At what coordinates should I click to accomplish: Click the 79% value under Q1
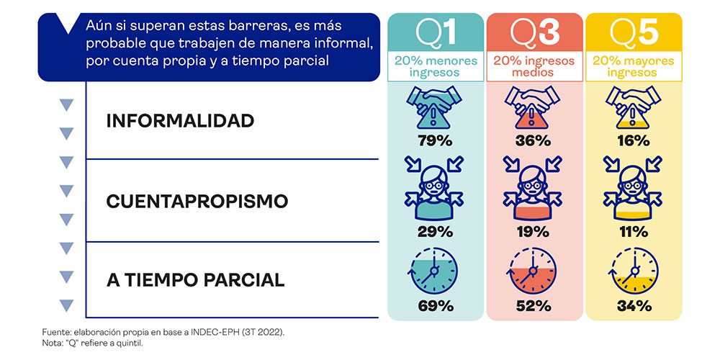436,140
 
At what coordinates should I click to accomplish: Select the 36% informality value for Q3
534,140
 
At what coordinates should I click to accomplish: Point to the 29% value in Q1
436,232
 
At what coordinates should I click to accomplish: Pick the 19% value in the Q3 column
534,232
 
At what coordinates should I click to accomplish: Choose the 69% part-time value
436,305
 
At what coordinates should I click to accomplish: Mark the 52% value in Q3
534,305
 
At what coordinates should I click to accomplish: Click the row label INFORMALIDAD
180,121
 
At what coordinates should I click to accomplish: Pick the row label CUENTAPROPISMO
197,202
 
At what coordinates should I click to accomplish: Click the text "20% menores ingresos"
436,66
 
